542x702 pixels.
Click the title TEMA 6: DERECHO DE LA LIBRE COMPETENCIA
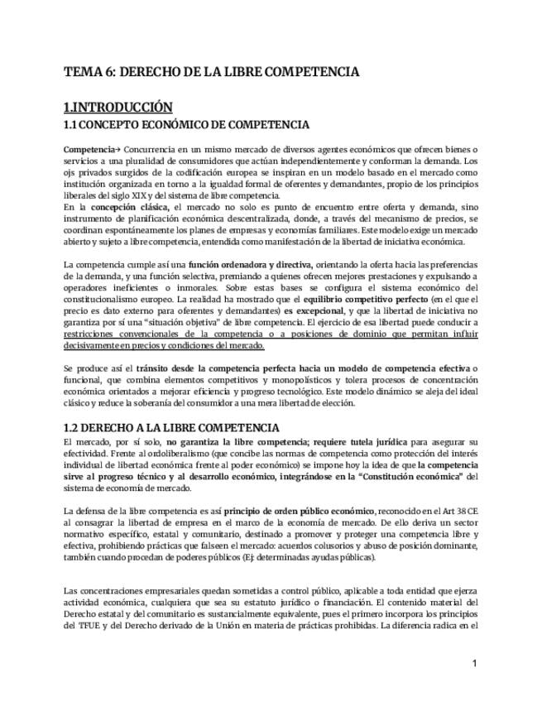(211, 72)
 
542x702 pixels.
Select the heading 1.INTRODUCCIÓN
(118, 108)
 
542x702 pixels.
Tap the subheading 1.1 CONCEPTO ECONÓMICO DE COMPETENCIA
(186, 125)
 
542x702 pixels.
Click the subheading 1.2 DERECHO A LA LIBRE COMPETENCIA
(171, 428)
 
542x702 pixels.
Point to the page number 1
(475, 663)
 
